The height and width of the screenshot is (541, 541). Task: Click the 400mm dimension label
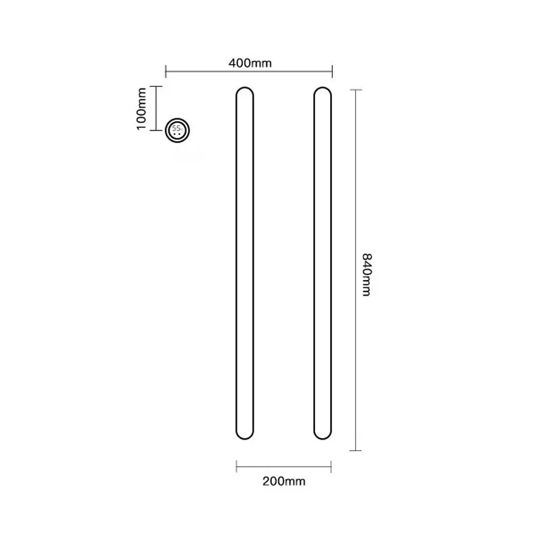pyautogui.click(x=250, y=63)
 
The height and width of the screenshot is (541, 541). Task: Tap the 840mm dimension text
pyautogui.click(x=367, y=275)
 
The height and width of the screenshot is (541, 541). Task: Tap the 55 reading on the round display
pyautogui.click(x=177, y=126)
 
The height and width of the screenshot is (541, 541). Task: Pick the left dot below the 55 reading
pyautogui.click(x=176, y=133)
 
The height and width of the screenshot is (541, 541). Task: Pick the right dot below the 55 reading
pyautogui.click(x=181, y=133)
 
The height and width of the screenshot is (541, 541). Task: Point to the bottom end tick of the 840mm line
pyautogui.click(x=356, y=451)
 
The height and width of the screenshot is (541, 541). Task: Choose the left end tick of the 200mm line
pyautogui.click(x=236, y=465)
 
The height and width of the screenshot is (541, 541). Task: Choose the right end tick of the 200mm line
pyautogui.click(x=331, y=465)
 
